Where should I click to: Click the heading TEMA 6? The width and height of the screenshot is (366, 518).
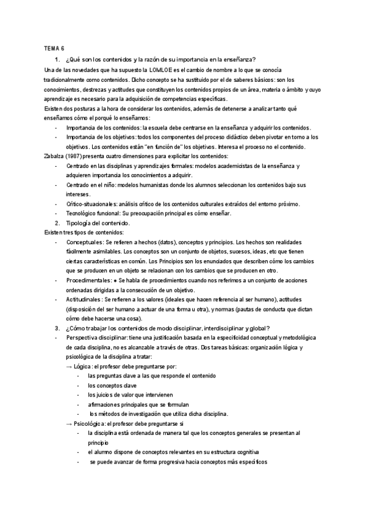pyautogui.click(x=54, y=48)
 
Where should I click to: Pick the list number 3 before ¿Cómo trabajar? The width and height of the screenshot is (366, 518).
pyautogui.click(x=57, y=329)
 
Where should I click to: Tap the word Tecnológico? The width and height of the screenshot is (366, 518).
pyautogui.click(x=86, y=214)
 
